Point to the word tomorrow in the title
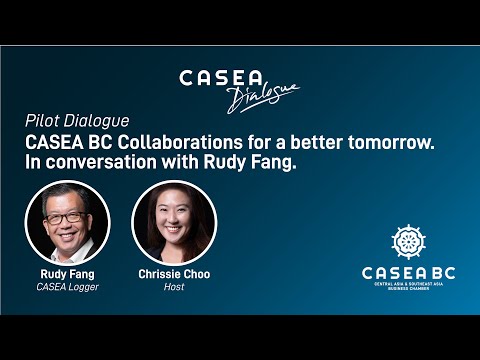click(x=395, y=143)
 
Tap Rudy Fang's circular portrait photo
click(x=67, y=222)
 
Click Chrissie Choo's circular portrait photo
click(x=175, y=222)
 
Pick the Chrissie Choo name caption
click(x=175, y=273)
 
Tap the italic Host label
click(x=175, y=286)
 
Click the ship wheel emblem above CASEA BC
click(x=407, y=242)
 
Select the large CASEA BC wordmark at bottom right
click(x=407, y=271)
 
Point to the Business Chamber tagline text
click(x=407, y=288)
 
